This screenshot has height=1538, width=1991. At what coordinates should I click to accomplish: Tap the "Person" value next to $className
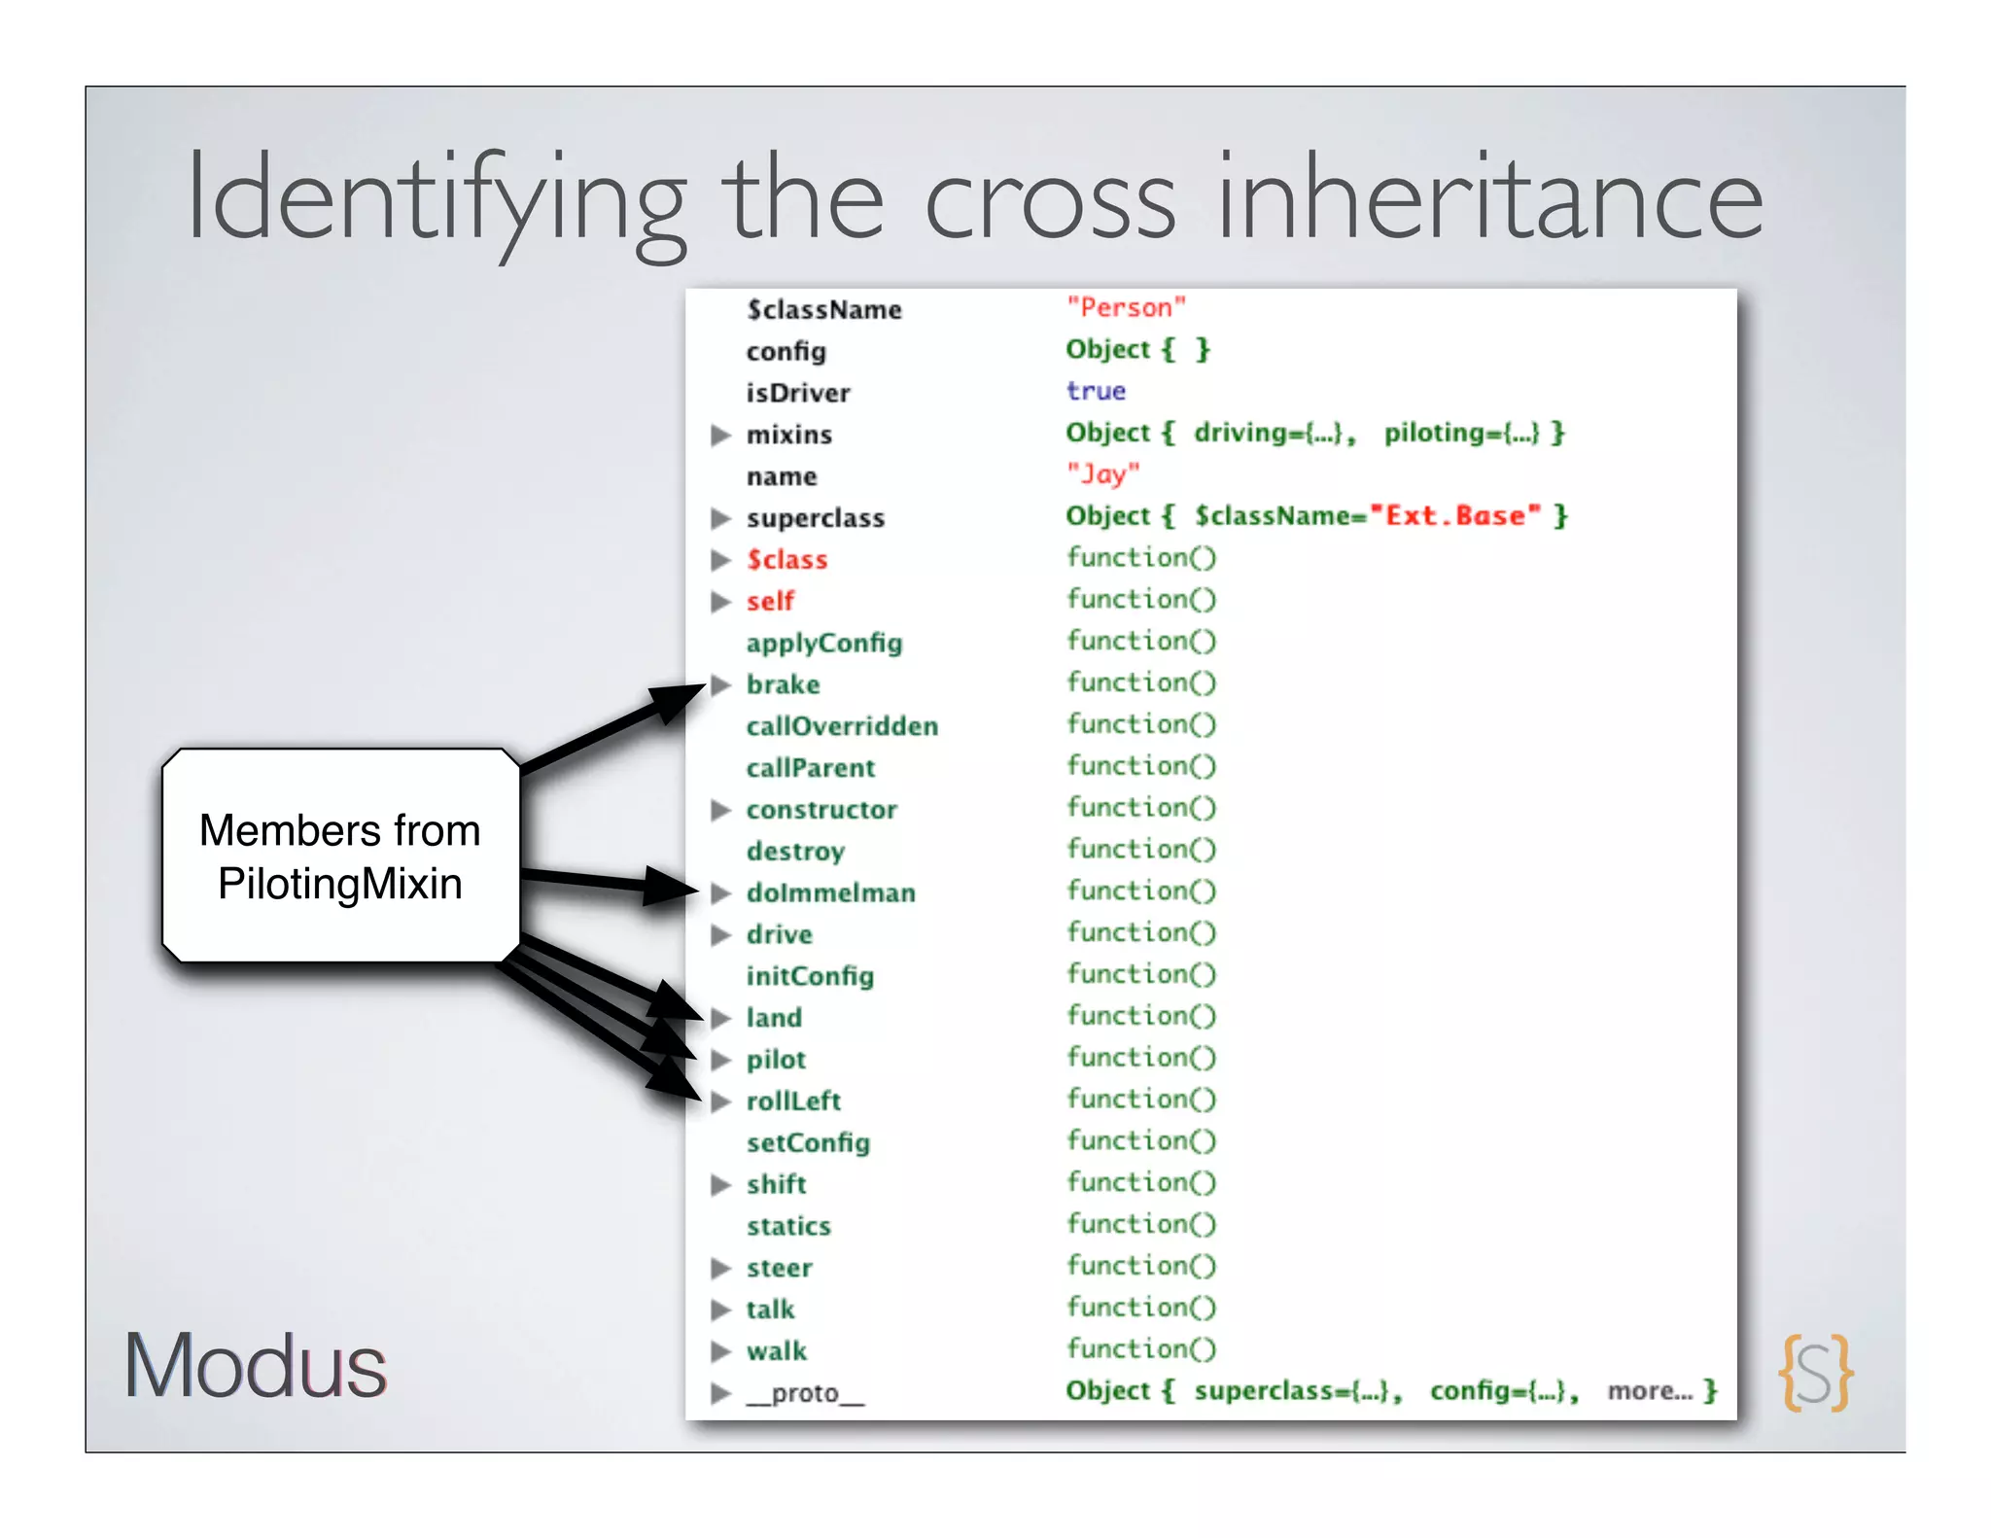tap(1126, 308)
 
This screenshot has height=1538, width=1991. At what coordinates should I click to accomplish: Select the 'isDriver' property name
tap(797, 393)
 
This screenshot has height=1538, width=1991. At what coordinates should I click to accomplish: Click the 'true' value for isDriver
tap(1096, 391)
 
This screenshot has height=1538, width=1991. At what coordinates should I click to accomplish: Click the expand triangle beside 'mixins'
tap(720, 435)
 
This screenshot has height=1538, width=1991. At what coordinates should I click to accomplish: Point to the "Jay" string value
tap(1102, 474)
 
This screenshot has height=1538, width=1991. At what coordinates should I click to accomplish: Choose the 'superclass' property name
tap(815, 518)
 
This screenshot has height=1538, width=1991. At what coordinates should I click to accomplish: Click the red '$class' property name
tap(786, 560)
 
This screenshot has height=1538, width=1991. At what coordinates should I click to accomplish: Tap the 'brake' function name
tap(783, 685)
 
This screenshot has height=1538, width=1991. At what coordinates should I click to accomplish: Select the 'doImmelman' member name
tap(830, 893)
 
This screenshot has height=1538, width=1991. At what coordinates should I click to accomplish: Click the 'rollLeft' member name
tap(793, 1101)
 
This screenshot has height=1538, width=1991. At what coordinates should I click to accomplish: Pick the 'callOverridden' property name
tap(842, 727)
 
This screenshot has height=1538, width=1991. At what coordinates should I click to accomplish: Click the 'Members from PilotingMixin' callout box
tap(340, 856)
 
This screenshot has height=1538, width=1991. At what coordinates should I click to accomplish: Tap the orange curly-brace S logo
tap(1815, 1372)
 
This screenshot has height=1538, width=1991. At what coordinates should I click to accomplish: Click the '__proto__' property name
tap(805, 1394)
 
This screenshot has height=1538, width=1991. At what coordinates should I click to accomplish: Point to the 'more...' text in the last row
tap(1650, 1391)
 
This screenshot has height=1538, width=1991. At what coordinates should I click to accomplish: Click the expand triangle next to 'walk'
tap(720, 1351)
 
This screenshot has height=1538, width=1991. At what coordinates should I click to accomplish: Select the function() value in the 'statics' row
tap(1140, 1224)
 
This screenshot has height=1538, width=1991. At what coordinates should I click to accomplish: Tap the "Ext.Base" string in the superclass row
tap(1454, 516)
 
